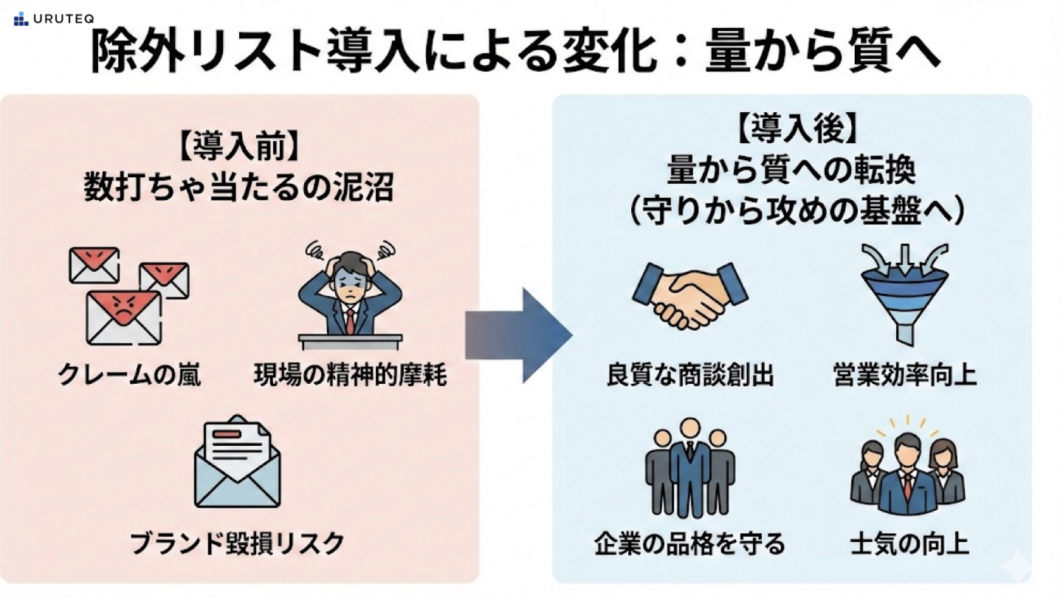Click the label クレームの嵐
tap(129, 376)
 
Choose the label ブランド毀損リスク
tap(238, 543)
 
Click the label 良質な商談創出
tap(689, 376)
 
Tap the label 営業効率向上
tap(904, 376)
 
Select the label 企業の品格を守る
tap(689, 545)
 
